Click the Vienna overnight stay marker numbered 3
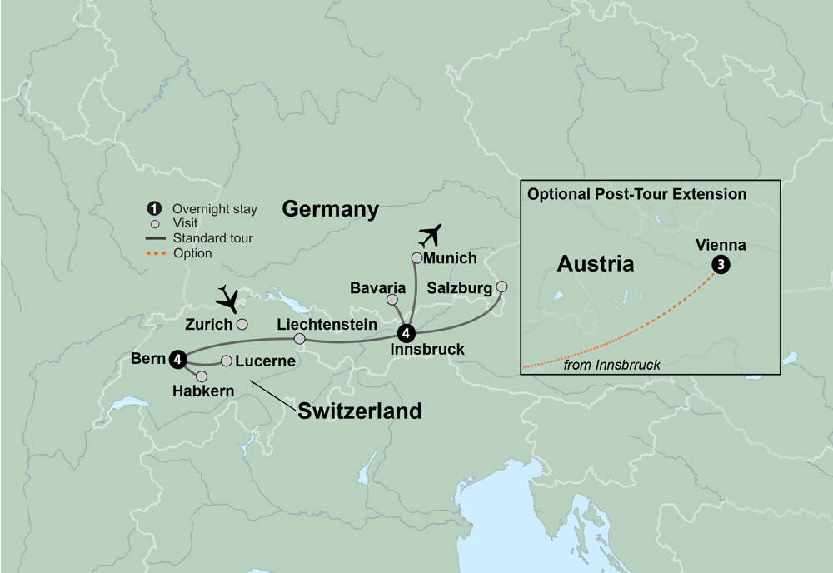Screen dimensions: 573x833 [x=719, y=265]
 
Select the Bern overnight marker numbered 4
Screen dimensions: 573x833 [x=177, y=358]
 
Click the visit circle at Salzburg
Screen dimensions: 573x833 [x=501, y=286]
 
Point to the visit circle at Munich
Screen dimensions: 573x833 [x=416, y=257]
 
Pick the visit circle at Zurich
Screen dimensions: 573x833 [x=242, y=324]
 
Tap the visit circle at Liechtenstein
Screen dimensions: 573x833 [x=300, y=339]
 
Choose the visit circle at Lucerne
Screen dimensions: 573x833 [x=226, y=361]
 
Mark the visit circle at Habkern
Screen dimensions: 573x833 [x=202, y=376]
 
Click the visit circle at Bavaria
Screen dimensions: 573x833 [x=392, y=299]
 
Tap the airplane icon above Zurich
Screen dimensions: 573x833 [x=227, y=297]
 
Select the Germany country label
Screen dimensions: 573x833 [x=330, y=209]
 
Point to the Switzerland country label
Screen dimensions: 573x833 [x=359, y=411]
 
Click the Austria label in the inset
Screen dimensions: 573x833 [x=595, y=264]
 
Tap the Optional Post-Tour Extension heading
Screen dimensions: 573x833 [x=636, y=194]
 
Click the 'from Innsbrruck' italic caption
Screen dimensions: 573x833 [x=612, y=365]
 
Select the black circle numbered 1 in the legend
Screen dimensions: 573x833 [x=153, y=209]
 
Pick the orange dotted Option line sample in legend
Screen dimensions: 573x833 [x=153, y=253]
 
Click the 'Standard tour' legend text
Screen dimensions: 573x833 [x=212, y=238]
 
